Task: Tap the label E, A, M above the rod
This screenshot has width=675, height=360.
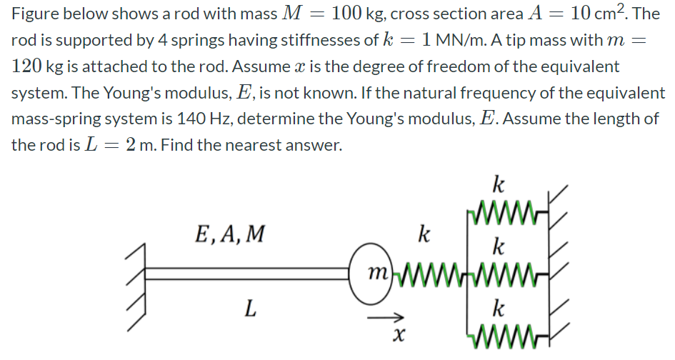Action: (229, 234)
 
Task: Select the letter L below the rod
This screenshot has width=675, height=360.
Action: (249, 309)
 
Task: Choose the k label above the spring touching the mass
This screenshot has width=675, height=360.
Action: (424, 234)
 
